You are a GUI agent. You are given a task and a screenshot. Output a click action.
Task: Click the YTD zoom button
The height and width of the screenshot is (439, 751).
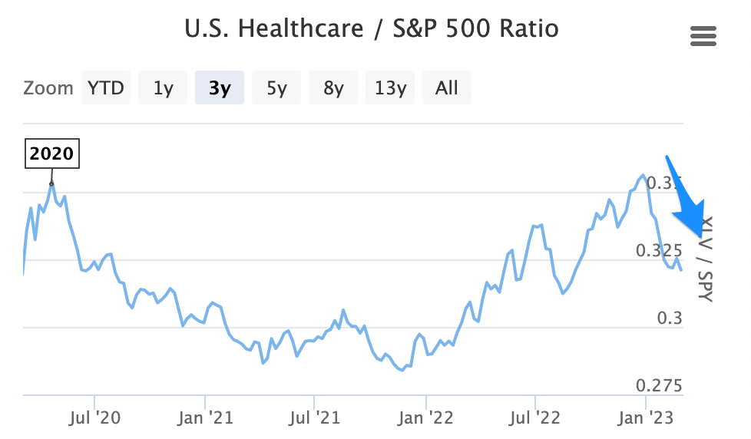tap(106, 87)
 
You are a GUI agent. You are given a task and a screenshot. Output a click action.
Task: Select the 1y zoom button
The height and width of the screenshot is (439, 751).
tap(163, 87)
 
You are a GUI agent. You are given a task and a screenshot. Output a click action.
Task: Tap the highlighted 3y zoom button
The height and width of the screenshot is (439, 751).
tap(220, 87)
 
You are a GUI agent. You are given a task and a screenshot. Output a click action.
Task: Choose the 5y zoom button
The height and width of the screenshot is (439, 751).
tap(276, 87)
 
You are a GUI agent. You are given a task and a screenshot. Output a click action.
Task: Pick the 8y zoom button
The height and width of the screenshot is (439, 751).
tap(333, 87)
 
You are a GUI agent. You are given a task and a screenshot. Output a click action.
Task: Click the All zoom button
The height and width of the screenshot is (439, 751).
tap(446, 87)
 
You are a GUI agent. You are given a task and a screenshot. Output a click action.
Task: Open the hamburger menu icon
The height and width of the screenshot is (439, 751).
tap(703, 36)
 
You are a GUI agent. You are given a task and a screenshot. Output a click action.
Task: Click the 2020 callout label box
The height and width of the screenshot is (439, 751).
tap(52, 153)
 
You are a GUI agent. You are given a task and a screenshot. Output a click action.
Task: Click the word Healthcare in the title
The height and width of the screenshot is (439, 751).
tap(300, 29)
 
